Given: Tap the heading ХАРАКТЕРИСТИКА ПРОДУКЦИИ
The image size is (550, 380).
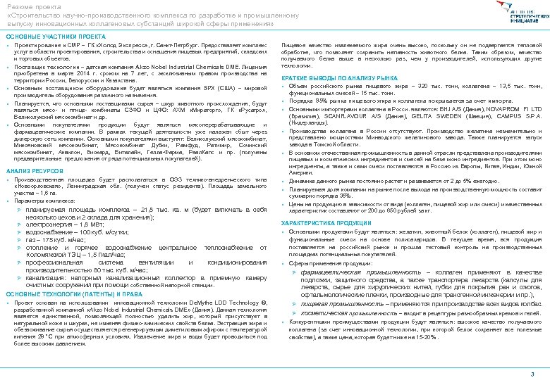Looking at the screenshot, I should (326, 223).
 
